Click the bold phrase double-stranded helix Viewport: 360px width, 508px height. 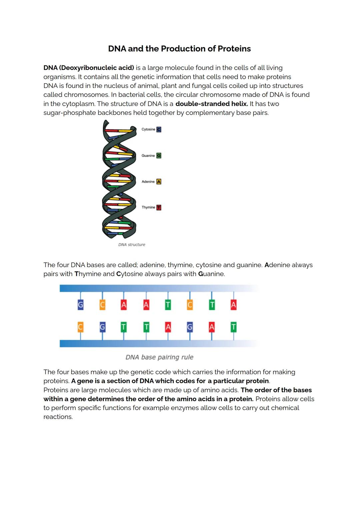coord(212,104)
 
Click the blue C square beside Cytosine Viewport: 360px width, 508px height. coord(159,129)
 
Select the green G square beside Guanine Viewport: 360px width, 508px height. coord(159,156)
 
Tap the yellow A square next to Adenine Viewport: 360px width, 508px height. coord(159,182)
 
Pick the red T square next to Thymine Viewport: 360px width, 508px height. coord(159,208)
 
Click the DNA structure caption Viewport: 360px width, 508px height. coord(132,245)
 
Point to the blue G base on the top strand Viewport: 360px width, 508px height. coord(80,304)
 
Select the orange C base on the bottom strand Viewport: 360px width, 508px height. coord(80,327)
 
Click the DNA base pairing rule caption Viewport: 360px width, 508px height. coord(159,357)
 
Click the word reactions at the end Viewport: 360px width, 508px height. coord(58,417)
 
